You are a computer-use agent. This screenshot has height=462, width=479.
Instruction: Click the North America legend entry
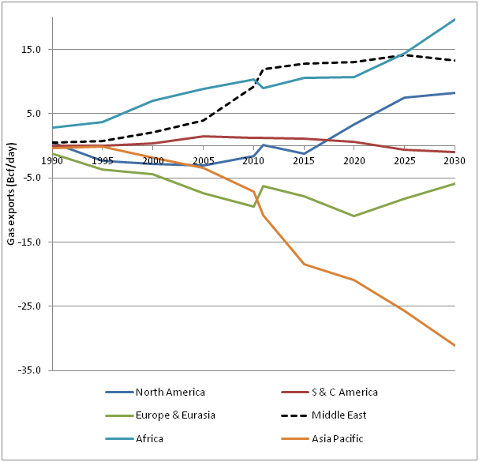170,393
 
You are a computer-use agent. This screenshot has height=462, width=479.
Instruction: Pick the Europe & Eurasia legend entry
175,415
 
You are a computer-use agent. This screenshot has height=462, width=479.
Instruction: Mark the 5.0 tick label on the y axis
36,114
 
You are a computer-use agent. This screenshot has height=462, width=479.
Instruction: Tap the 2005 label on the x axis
203,160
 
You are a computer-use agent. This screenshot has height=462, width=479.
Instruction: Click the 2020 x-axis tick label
354,160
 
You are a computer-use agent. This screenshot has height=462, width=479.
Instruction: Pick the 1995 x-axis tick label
103,160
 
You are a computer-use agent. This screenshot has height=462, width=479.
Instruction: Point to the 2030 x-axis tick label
455,160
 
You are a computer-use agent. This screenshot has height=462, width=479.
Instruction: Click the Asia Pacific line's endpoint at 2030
455,345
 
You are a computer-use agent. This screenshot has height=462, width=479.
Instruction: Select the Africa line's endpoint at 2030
455,20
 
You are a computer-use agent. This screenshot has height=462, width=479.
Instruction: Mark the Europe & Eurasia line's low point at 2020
354,216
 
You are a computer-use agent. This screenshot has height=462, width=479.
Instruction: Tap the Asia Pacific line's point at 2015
304,264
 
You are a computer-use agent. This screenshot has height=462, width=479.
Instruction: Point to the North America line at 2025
404,97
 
